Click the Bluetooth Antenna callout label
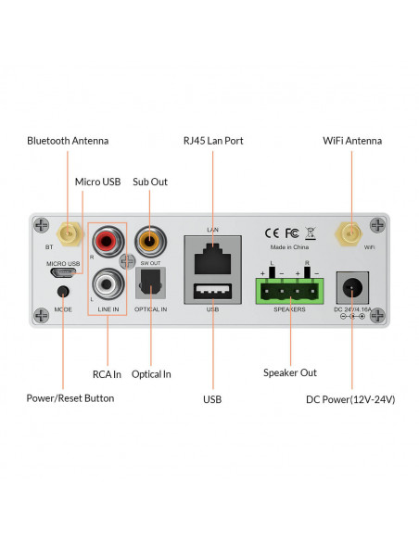coord(68,141)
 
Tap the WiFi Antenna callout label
coord(351,141)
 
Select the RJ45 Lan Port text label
coord(212,141)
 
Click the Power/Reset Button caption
coord(70,398)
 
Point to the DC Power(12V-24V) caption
coord(350,399)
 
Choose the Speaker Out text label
coord(290,372)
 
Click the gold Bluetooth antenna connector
coord(68,233)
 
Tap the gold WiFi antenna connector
coord(349,233)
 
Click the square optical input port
coord(149,281)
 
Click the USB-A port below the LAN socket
coord(211,293)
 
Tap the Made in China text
coord(290,248)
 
